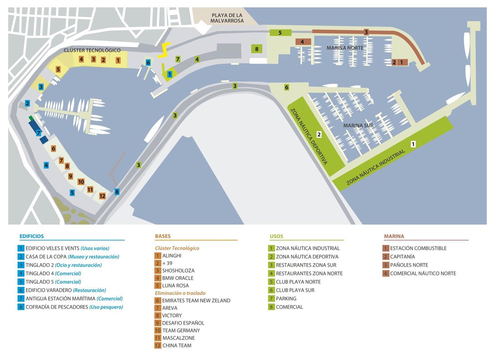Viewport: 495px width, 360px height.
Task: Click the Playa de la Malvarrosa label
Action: [227, 18]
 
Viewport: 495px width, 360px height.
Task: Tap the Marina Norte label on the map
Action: [345, 48]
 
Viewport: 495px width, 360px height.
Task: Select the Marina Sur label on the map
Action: [358, 126]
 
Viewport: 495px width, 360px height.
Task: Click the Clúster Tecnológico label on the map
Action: [92, 50]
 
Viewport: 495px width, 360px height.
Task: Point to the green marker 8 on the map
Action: [257, 49]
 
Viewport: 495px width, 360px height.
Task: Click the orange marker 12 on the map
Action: [102, 196]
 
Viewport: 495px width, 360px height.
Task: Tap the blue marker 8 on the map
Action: [117, 192]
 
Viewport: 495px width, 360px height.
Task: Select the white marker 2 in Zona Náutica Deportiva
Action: [319, 134]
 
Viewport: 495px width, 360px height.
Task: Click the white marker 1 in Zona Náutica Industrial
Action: [413, 144]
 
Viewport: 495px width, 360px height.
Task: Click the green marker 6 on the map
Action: [287, 88]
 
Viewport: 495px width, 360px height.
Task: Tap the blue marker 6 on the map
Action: [148, 63]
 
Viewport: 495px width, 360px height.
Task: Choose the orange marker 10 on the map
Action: [81, 182]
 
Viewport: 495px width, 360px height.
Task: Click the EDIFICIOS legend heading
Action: [32, 236]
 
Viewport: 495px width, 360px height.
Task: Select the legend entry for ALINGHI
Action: [168, 256]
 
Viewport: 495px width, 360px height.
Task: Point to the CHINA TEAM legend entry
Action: [173, 346]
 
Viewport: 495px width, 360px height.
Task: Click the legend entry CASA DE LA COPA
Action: [68, 256]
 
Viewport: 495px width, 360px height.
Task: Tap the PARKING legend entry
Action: [282, 298]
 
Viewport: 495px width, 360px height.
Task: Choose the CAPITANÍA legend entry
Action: [398, 256]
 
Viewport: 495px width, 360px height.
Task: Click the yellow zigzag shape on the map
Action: [164, 50]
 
